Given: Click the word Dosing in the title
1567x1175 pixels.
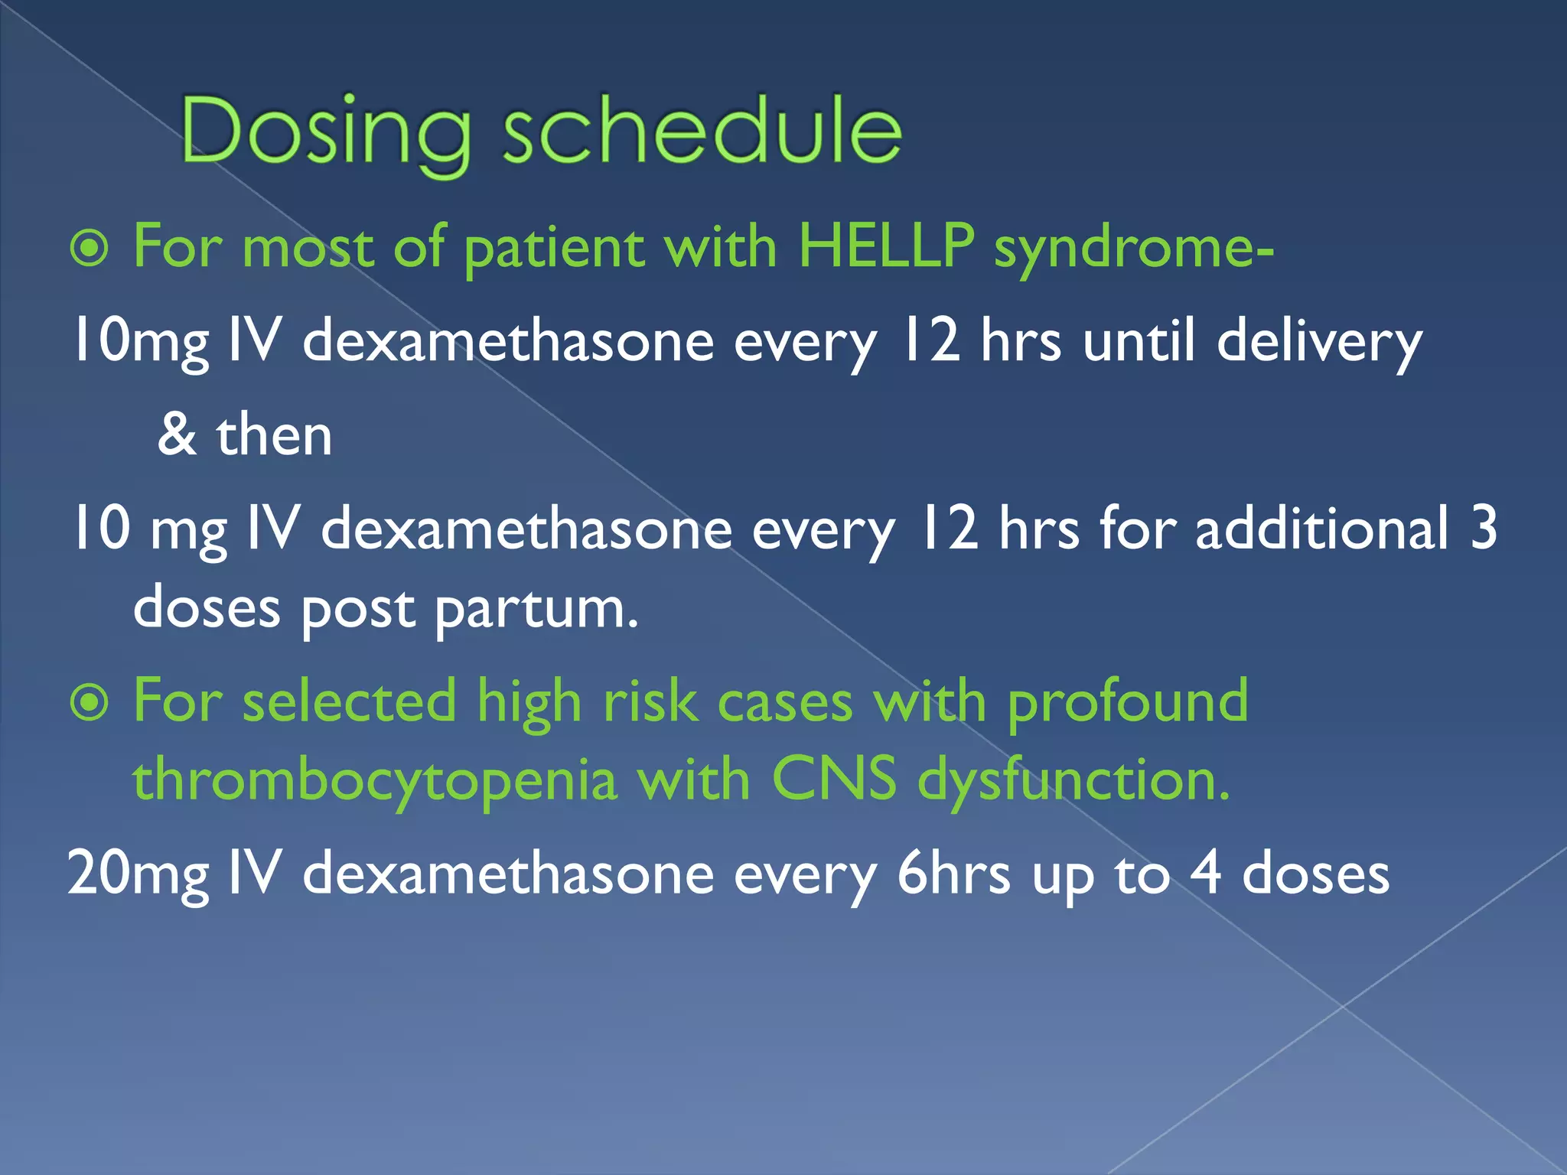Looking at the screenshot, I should [x=326, y=132].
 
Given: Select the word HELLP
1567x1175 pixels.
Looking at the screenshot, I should [x=885, y=246].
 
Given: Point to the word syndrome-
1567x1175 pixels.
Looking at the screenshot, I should [x=1133, y=249].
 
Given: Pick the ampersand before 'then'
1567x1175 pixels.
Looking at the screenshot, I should [x=177, y=435].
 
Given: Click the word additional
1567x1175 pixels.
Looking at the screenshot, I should [x=1321, y=529].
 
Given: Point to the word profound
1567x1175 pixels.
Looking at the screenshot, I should [x=1127, y=702].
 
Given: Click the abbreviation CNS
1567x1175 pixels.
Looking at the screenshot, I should [x=833, y=780].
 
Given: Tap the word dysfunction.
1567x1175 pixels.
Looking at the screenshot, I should [x=1073, y=782].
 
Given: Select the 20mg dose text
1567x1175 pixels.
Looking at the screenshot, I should [x=138, y=875].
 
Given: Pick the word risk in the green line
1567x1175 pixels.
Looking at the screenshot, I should [x=650, y=702].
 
